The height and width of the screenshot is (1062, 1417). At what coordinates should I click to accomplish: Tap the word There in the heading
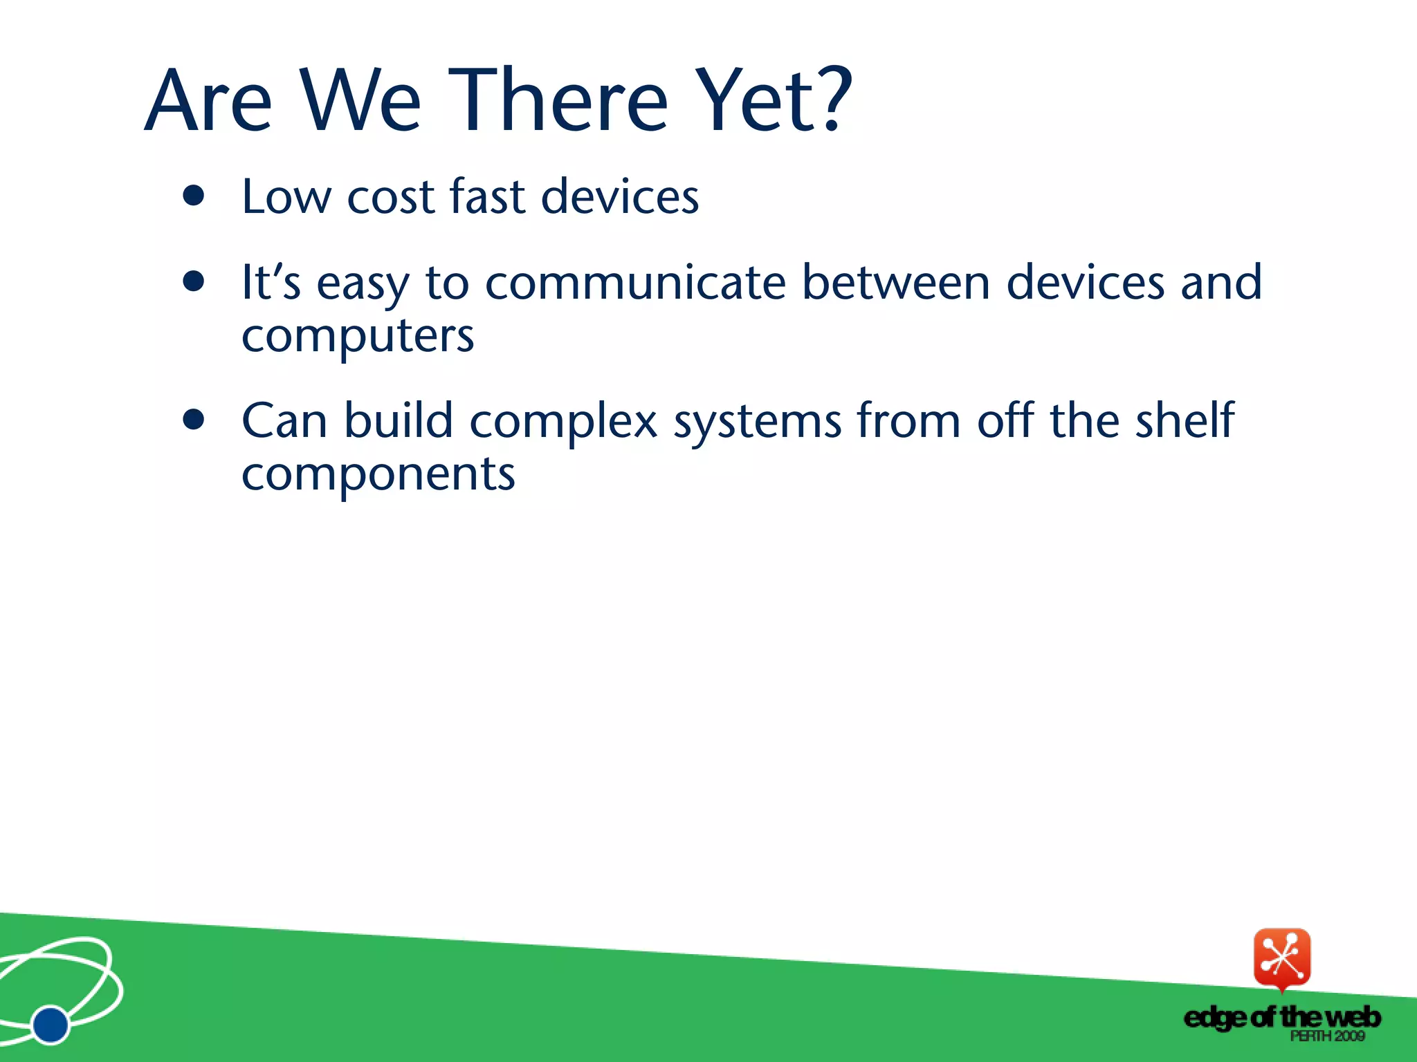(x=558, y=100)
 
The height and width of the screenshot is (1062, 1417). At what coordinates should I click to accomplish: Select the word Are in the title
(x=208, y=100)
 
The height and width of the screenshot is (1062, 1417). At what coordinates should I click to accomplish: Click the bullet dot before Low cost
(x=194, y=196)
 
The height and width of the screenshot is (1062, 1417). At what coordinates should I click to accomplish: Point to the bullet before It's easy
(x=194, y=282)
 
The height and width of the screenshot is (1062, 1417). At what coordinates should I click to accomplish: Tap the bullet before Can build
(x=194, y=420)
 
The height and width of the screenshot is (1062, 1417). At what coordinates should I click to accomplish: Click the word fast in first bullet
(x=487, y=196)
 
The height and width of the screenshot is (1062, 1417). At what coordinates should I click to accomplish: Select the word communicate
(x=635, y=283)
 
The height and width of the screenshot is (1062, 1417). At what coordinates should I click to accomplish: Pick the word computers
(x=358, y=337)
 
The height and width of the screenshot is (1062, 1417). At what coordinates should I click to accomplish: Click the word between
(x=896, y=283)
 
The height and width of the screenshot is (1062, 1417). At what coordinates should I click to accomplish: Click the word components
(x=378, y=476)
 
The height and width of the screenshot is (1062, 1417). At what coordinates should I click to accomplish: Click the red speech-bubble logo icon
(x=1281, y=958)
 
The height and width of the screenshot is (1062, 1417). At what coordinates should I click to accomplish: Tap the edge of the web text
(x=1281, y=1017)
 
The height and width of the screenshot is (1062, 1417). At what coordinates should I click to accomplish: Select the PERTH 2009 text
(x=1326, y=1036)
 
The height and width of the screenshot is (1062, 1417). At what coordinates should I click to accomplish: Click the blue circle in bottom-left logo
(x=51, y=1024)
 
